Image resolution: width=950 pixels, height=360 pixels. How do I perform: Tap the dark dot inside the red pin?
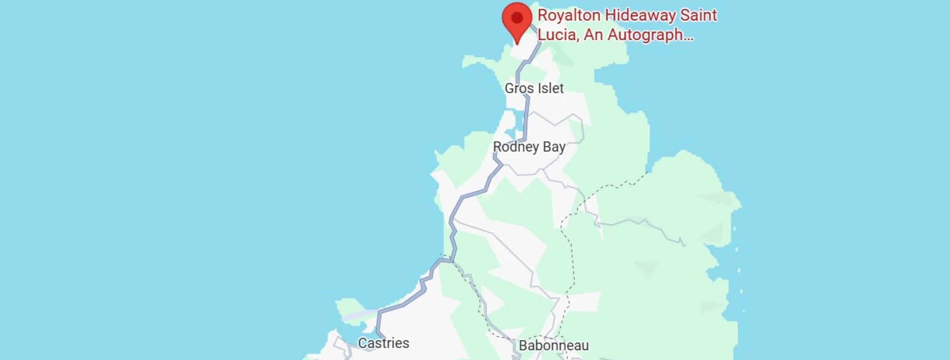point(517,18)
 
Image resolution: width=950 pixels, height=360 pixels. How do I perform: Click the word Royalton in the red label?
point(569,16)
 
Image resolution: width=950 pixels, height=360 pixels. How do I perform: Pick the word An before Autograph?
point(593,35)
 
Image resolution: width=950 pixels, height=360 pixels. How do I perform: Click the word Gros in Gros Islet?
point(519,88)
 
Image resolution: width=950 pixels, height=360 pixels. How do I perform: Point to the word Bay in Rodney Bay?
point(554,147)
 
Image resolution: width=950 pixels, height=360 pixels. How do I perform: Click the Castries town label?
point(383,343)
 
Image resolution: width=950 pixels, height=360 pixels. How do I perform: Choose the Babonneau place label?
point(553,346)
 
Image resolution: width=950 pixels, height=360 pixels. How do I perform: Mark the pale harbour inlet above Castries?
point(360,315)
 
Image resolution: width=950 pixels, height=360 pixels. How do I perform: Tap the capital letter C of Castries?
point(362,343)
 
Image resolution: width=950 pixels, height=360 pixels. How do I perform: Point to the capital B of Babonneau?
point(523,346)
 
